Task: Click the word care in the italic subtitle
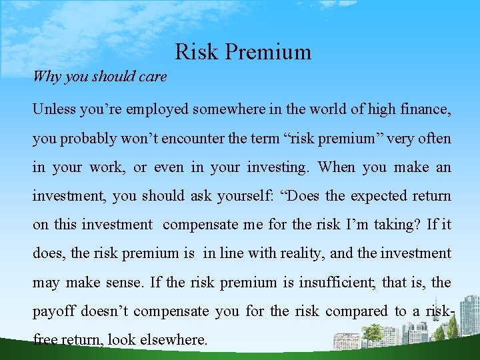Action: (x=153, y=77)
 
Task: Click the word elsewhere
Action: (x=175, y=339)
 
